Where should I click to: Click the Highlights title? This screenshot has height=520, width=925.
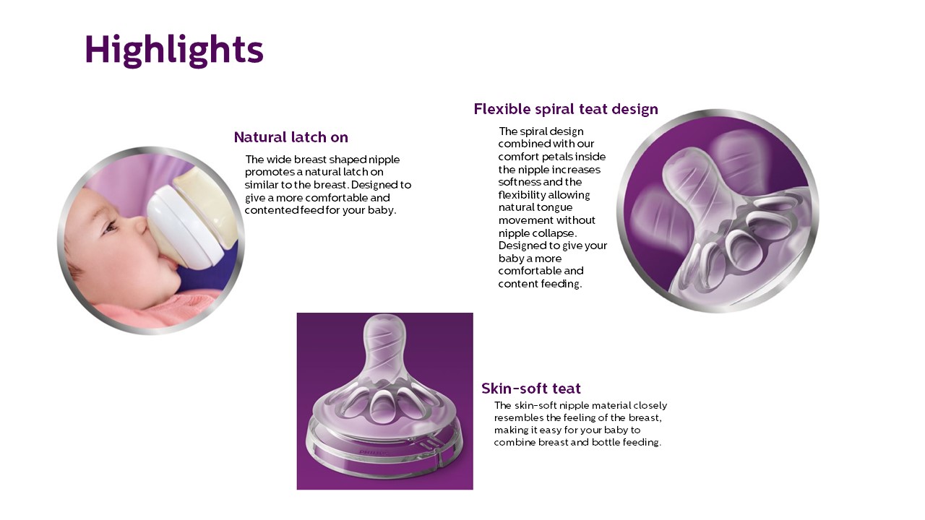pos(174,50)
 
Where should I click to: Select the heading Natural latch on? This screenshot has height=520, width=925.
pos(291,137)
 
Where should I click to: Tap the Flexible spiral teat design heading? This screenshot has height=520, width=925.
pos(566,109)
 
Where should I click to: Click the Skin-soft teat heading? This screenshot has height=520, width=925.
pos(530,389)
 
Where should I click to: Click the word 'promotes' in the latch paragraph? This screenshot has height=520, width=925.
pos(269,172)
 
